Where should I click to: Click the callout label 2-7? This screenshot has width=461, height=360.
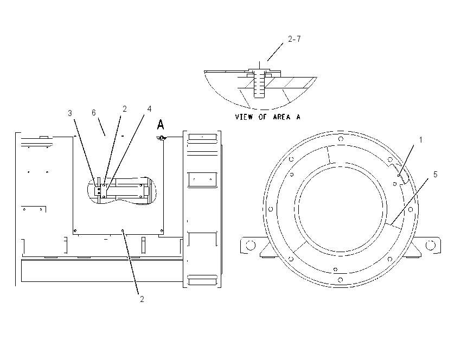point(294,39)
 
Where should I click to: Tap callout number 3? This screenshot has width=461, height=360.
point(70,113)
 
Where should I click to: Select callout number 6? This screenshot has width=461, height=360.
point(94,113)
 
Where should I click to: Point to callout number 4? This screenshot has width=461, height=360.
point(149,109)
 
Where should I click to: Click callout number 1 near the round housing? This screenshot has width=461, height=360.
point(421,140)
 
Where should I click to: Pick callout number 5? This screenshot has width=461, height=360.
point(436,174)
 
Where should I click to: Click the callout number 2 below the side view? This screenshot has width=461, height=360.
point(142,299)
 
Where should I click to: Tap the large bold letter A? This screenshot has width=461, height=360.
point(160,125)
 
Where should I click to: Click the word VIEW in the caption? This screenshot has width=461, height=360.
point(244,117)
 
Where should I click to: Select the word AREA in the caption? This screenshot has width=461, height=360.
point(281,117)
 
